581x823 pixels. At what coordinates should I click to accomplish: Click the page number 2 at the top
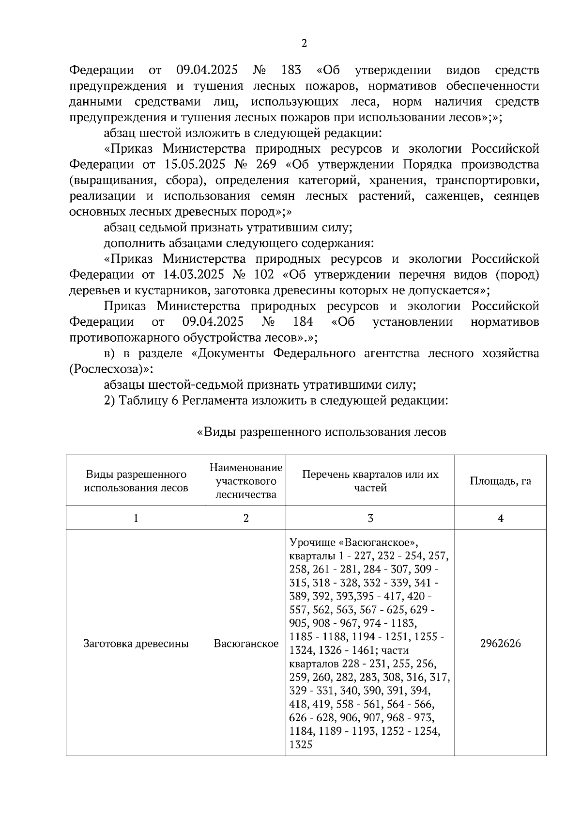click(x=304, y=44)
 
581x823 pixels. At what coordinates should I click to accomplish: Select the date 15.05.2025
click(x=195, y=164)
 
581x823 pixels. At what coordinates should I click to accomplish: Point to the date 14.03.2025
click(x=194, y=275)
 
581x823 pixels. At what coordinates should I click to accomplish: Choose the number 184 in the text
click(x=303, y=322)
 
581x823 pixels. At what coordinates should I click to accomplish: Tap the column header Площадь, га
click(x=500, y=481)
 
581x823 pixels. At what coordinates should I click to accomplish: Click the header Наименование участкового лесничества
click(x=246, y=481)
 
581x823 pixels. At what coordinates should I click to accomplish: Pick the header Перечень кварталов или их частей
click(x=370, y=481)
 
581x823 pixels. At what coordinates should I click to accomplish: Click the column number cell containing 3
click(x=370, y=518)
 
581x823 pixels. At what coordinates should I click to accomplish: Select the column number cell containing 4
click(x=500, y=518)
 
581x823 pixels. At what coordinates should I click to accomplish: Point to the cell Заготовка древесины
click(x=136, y=643)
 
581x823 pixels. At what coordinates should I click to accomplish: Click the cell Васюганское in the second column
click(x=246, y=643)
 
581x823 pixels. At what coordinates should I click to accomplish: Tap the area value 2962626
click(x=500, y=643)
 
